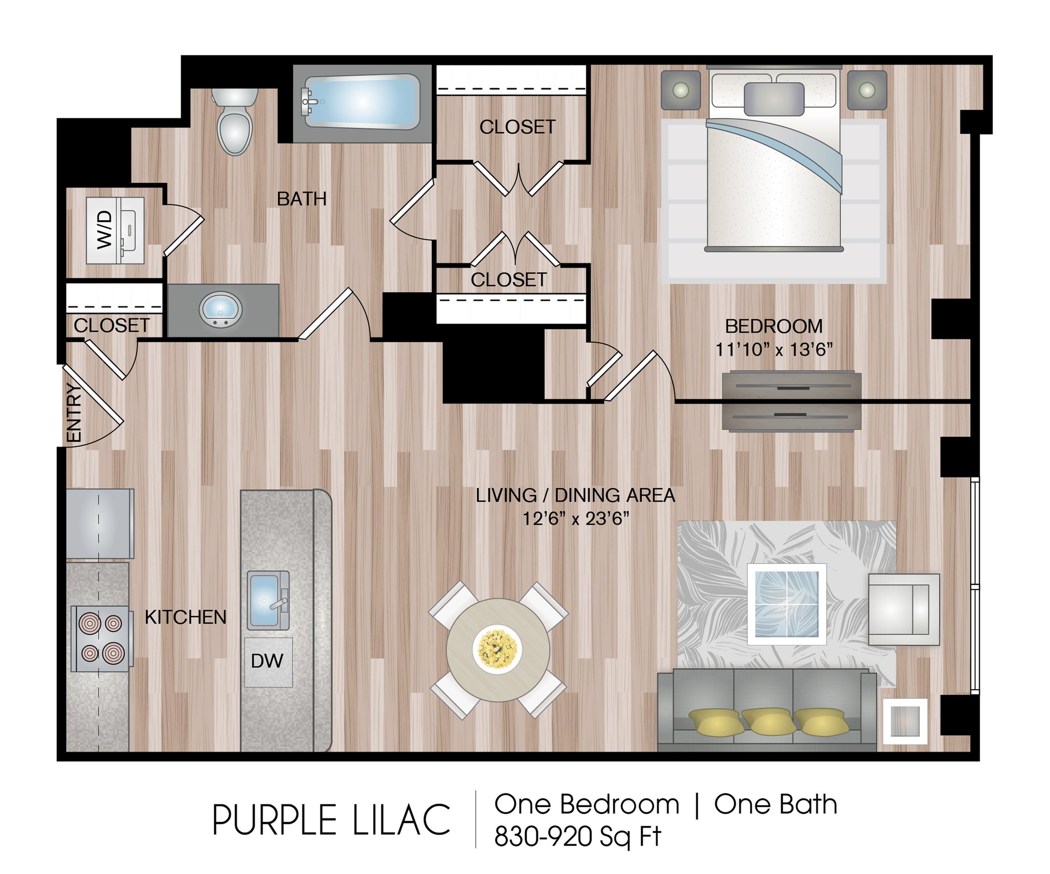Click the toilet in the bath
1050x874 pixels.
tap(235, 121)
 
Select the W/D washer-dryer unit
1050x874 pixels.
tap(115, 230)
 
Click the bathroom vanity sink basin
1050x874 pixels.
tap(221, 309)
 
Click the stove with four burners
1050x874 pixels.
tap(102, 639)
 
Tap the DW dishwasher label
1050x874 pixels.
tap(267, 662)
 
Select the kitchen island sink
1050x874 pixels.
tap(268, 601)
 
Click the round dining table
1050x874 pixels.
tap(498, 650)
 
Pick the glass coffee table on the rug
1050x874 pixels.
tap(786, 604)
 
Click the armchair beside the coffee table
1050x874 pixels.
tap(904, 609)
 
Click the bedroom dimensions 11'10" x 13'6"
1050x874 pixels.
tap(774, 350)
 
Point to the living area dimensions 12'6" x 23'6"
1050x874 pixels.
tap(575, 519)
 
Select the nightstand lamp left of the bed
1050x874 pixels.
tap(681, 90)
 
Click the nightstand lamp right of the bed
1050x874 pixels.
tap(867, 90)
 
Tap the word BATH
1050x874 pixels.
tap(302, 199)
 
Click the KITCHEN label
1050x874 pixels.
tap(186, 617)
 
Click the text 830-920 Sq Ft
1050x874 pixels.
tap(578, 836)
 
